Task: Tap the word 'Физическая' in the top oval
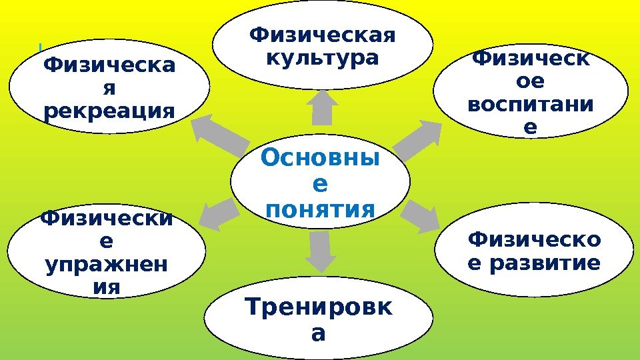click(322, 34)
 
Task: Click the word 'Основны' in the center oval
click(319, 159)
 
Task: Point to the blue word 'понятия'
click(320, 211)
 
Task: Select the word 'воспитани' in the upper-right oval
click(530, 105)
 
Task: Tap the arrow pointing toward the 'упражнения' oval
click(218, 213)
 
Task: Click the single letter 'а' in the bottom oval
click(319, 333)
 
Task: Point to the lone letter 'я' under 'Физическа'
click(109, 88)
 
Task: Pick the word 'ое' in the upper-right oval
click(530, 82)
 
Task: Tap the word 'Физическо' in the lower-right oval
click(533, 239)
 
